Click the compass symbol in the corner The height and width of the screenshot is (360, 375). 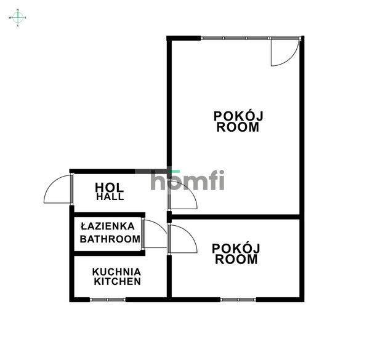(x=18, y=18)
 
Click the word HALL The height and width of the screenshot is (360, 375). (x=110, y=197)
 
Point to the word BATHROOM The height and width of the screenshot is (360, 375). (x=110, y=239)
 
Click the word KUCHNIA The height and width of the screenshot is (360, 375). (x=117, y=271)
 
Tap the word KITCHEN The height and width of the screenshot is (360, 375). (x=117, y=282)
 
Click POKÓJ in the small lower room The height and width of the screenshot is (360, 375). (x=236, y=248)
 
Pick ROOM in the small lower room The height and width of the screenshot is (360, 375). (x=236, y=260)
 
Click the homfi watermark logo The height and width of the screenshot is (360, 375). (x=187, y=180)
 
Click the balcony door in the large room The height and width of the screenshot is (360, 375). (x=283, y=52)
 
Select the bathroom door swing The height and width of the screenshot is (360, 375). (x=154, y=234)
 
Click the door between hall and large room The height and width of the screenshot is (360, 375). (x=182, y=197)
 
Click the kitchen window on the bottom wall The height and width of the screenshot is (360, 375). (x=107, y=300)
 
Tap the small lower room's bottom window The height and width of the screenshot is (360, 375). (x=238, y=300)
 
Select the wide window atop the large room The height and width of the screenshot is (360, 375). (x=235, y=38)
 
